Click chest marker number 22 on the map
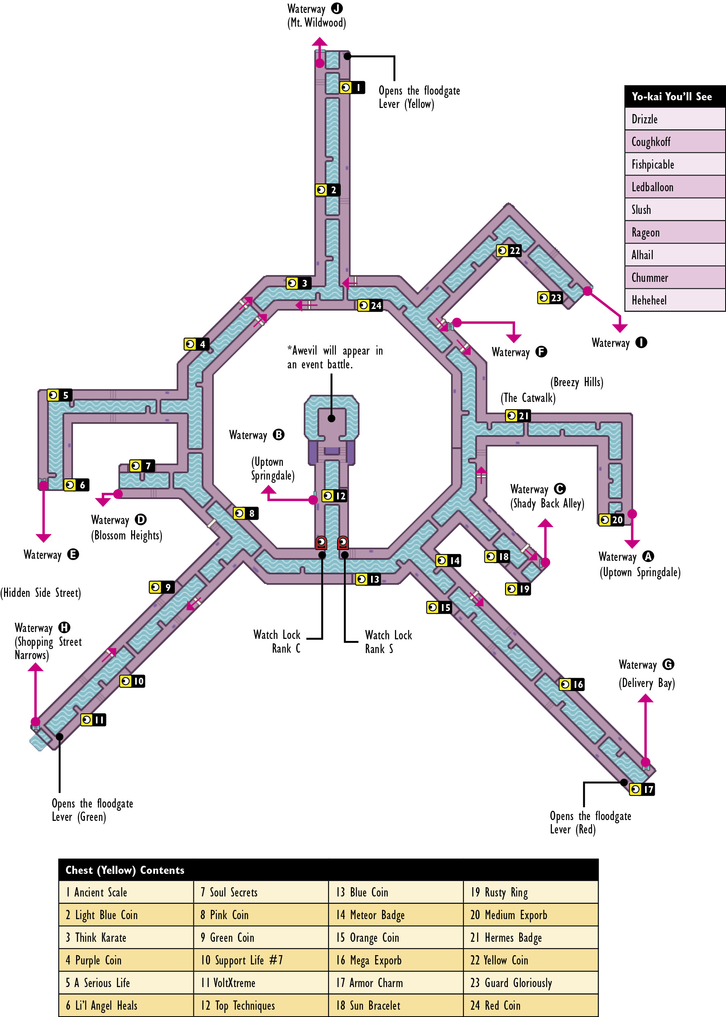click(509, 251)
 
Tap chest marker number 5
click(59, 395)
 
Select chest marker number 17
click(642, 789)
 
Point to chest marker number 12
click(334, 495)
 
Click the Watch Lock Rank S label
click(388, 642)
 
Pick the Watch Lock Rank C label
click(277, 641)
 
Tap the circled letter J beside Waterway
click(337, 8)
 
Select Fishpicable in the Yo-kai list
click(652, 164)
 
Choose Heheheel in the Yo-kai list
click(649, 300)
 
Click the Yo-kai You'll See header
click(671, 97)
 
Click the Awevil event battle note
click(335, 357)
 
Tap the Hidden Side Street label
click(41, 593)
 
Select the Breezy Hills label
click(577, 382)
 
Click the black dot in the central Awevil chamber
click(331, 419)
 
